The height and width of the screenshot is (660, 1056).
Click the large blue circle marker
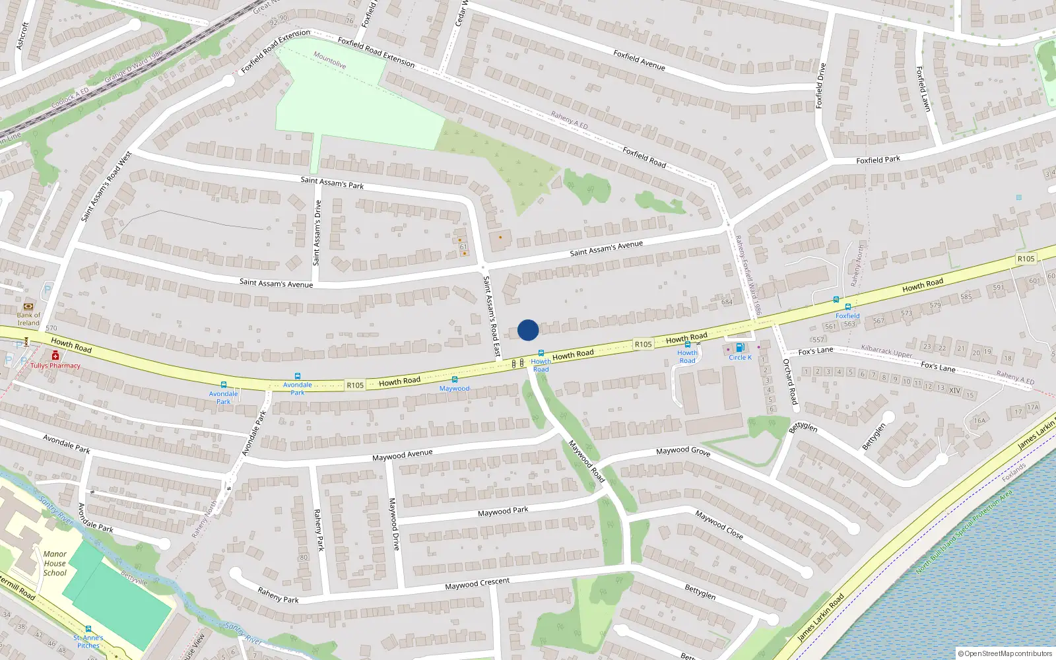[x=528, y=330]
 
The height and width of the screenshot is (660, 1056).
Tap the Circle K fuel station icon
[x=740, y=348]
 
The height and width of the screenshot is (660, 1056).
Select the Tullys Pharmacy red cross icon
[x=55, y=356]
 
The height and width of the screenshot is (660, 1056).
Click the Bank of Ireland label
[x=28, y=319]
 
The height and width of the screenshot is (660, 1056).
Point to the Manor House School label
[x=55, y=563]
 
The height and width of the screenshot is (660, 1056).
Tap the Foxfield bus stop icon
[x=847, y=307]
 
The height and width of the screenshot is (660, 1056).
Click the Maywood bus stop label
[x=454, y=388]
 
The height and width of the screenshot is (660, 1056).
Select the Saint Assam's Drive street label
[x=317, y=232]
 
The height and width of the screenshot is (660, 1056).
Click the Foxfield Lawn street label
[x=923, y=88]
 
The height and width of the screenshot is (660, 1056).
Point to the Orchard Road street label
[x=789, y=381]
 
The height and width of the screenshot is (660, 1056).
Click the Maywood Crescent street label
[x=477, y=583]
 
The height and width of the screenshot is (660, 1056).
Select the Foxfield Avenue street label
[x=639, y=60]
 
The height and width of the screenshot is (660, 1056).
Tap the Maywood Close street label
[x=719, y=525]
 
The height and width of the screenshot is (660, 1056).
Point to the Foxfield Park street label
[x=878, y=160]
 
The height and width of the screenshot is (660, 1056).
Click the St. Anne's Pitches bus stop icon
[x=88, y=629]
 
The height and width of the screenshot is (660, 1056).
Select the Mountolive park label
[x=329, y=60]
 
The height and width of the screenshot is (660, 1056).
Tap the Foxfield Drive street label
[x=820, y=86]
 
